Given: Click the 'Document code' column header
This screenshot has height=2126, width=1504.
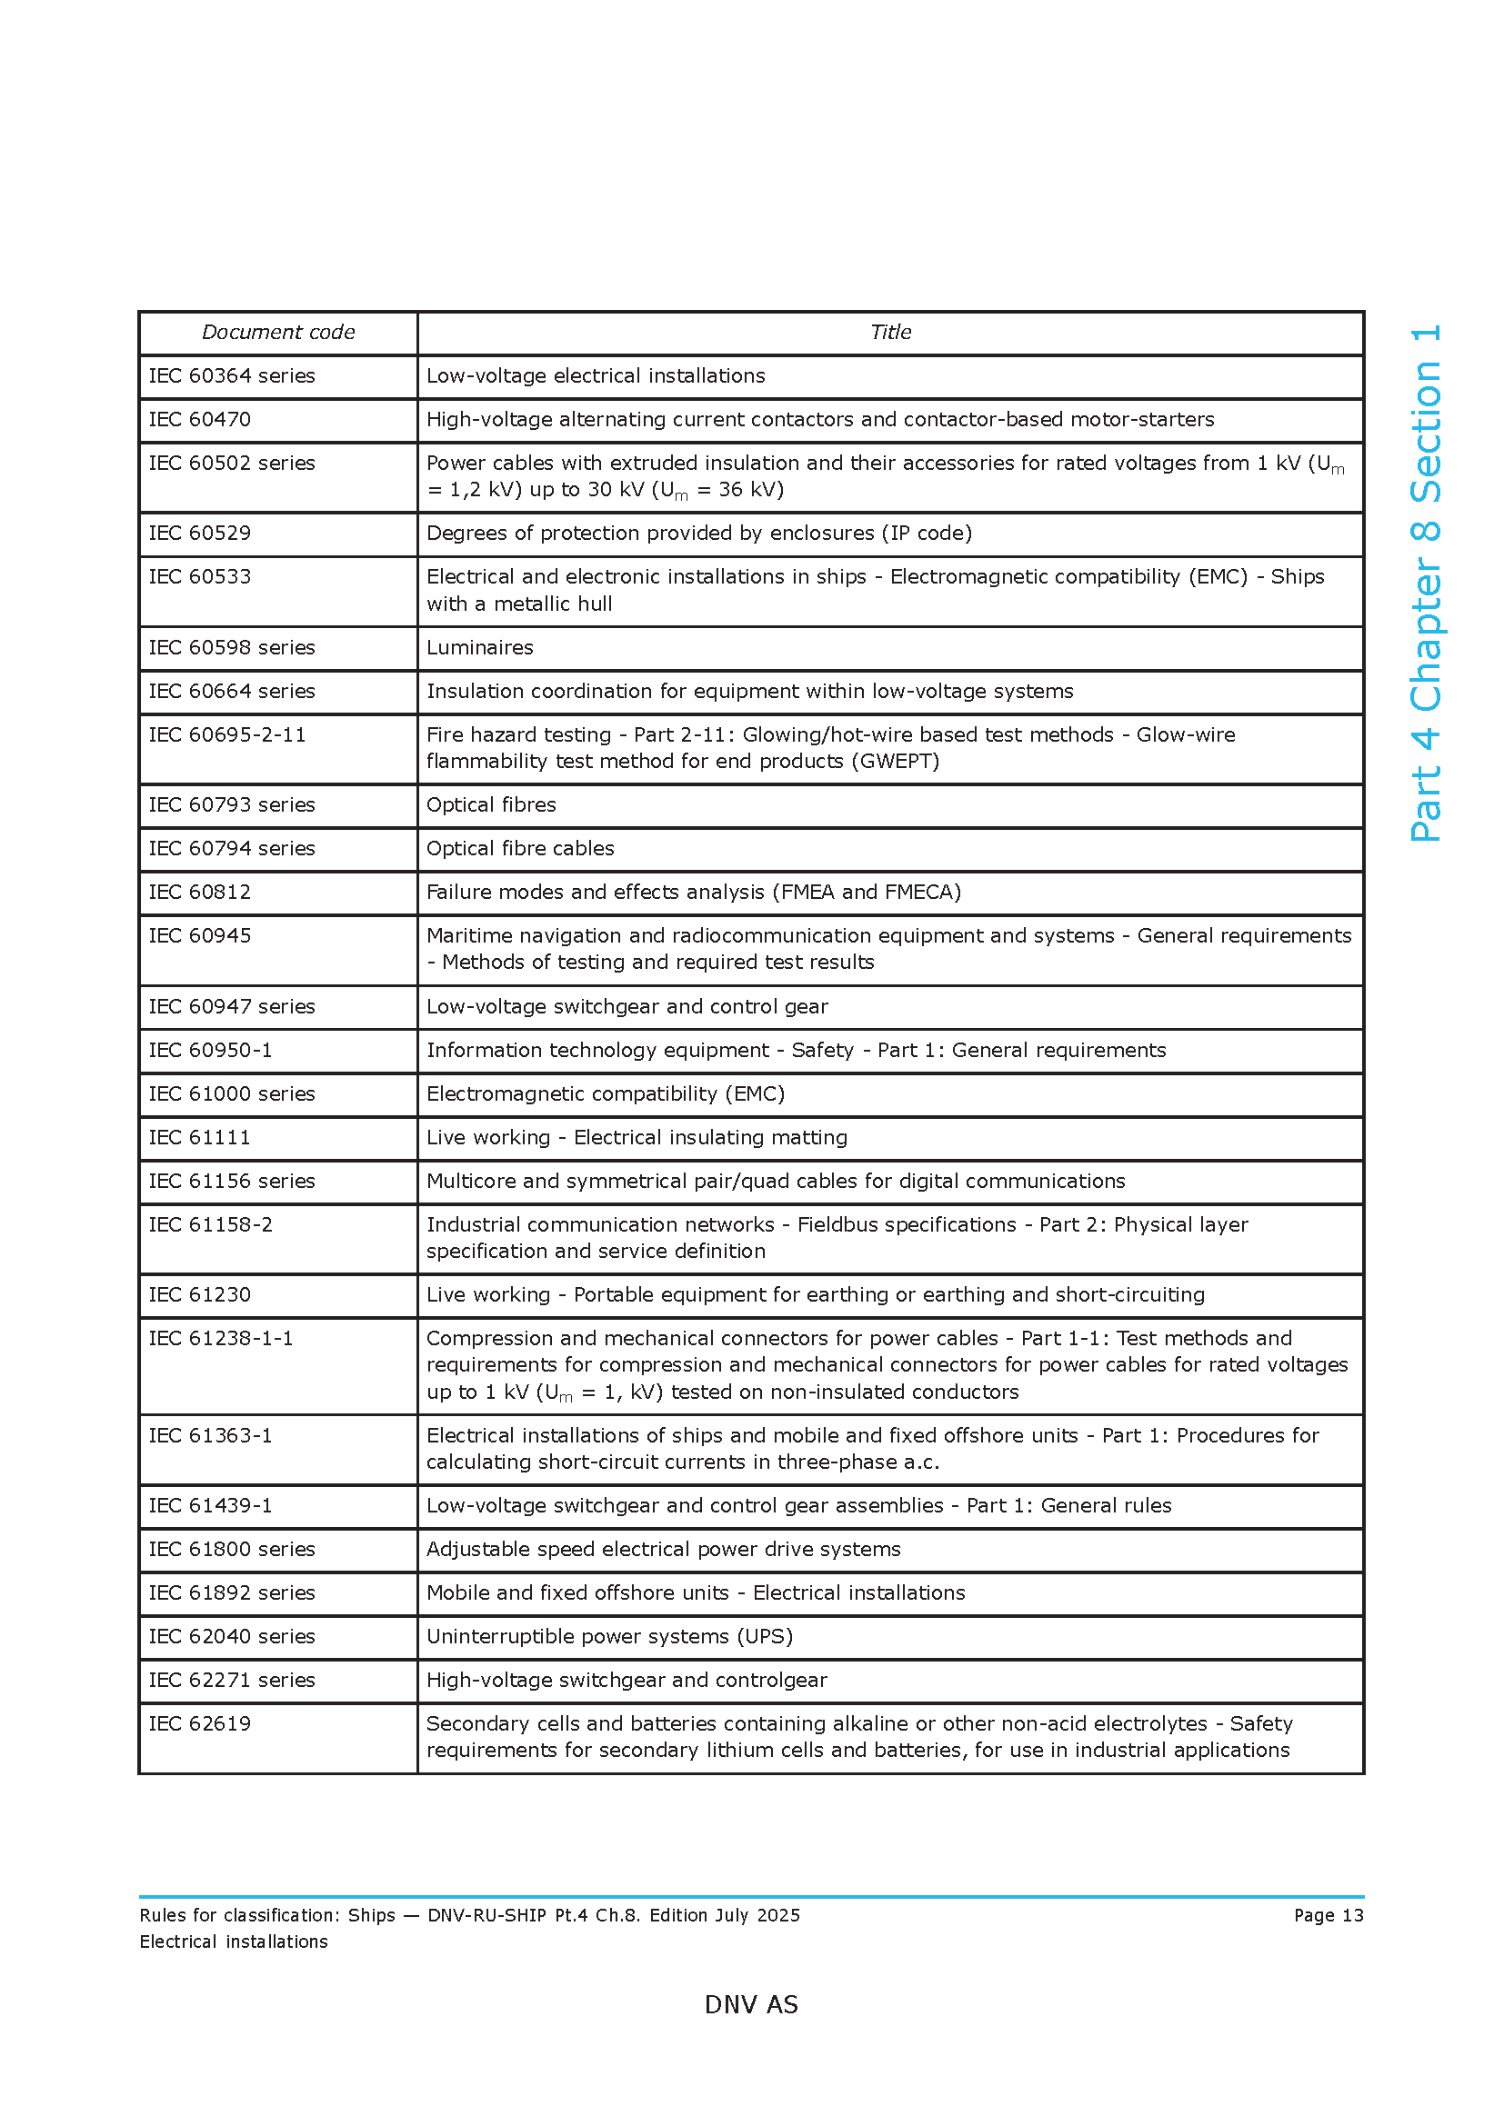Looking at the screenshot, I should click(x=278, y=333).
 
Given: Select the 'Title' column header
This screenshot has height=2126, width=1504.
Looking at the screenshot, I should click(x=890, y=333).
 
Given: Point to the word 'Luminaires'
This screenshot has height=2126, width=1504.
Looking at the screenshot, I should click(x=480, y=647).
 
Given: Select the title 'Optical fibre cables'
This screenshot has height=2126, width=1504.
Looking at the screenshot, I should click(x=519, y=848).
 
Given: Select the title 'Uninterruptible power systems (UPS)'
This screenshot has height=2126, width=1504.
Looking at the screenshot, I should click(x=609, y=1636).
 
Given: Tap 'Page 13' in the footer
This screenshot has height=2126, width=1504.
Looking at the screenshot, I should click(x=1328, y=1915).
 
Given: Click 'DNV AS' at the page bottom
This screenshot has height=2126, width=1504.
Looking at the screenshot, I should click(x=751, y=2005).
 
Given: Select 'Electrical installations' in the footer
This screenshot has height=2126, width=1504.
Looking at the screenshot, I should click(x=234, y=1941).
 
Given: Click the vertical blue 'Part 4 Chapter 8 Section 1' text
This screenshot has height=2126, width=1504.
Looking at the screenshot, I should click(x=1425, y=584).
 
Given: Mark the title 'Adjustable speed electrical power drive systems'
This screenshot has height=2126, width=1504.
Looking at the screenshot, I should click(x=663, y=1549).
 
